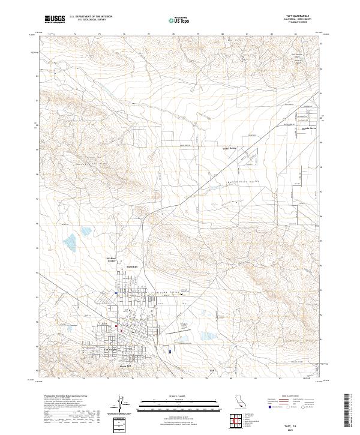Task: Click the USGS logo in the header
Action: coord(55,19)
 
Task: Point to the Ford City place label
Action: coord(131,265)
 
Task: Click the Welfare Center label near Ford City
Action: coord(111,259)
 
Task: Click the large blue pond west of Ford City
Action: coord(71,241)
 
